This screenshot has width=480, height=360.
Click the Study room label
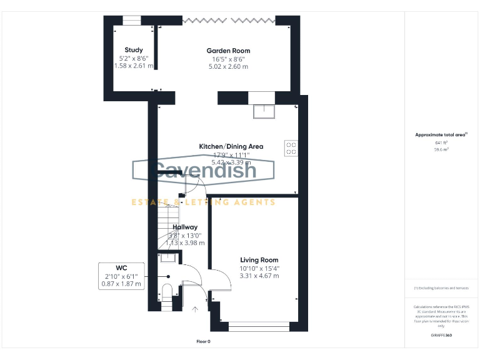pyautogui.click(x=134, y=50)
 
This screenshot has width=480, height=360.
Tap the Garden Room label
pyautogui.click(x=229, y=51)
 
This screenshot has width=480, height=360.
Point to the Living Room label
pyautogui.click(x=259, y=260)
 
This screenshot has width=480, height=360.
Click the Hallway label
pyautogui.click(x=185, y=227)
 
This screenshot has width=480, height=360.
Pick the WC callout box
pyautogui.click(x=122, y=276)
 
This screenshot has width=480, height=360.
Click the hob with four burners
pyautogui.click(x=291, y=148)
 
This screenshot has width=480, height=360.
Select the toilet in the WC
pyautogui.click(x=167, y=293)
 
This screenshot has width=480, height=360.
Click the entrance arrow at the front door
pyautogui.click(x=195, y=308)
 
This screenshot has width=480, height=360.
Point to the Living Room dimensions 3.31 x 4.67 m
pyautogui.click(x=259, y=276)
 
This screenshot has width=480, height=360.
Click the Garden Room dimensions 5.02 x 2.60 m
pyautogui.click(x=228, y=66)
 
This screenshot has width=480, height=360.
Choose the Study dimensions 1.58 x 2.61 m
pyautogui.click(x=134, y=66)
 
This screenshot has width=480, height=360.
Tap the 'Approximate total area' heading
pyautogui.click(x=441, y=134)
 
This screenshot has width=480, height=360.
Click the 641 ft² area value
pyautogui.click(x=442, y=143)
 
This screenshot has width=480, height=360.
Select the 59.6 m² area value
pyautogui.click(x=442, y=150)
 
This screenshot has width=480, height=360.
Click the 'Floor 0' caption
pyautogui.click(x=204, y=342)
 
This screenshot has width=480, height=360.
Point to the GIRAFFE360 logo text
pyautogui.click(x=442, y=336)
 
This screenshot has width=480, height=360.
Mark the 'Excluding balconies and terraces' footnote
pyautogui.click(x=441, y=288)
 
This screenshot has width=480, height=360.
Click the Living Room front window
pyautogui.click(x=259, y=325)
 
